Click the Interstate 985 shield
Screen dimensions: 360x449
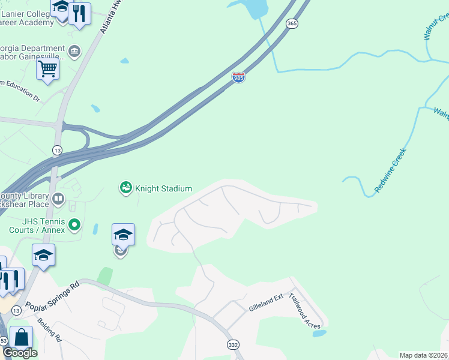tap(238, 77)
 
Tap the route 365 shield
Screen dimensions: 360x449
tap(292, 23)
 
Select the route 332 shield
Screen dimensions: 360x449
tap(233, 344)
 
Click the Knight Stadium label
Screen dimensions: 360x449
tap(163, 188)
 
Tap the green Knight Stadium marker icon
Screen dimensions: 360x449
tap(125, 188)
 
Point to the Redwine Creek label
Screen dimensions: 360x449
tap(390, 170)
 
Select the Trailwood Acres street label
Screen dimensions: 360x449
tap(304, 310)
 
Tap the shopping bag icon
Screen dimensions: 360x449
tap(22, 338)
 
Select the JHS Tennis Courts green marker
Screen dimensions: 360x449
tap(74, 225)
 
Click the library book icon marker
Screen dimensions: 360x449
tap(58, 199)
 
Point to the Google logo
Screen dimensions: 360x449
tap(20, 353)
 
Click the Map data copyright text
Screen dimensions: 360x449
tap(424, 355)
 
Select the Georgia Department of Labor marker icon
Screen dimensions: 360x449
tap(74, 52)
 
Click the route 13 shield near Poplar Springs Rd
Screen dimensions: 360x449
tap(16, 310)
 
